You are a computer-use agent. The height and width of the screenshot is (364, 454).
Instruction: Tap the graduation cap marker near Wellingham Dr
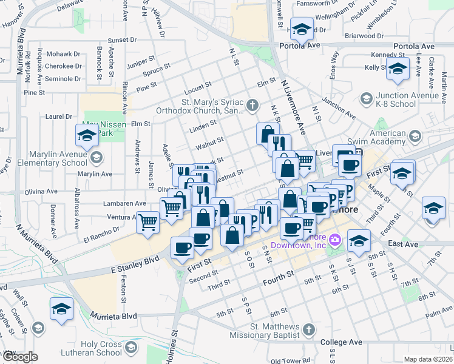(x=301, y=29)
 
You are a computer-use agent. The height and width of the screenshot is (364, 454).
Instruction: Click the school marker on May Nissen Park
(x=87, y=136)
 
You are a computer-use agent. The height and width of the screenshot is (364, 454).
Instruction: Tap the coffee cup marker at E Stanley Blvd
(x=182, y=248)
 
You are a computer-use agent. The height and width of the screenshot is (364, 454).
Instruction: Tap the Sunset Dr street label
(x=123, y=40)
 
